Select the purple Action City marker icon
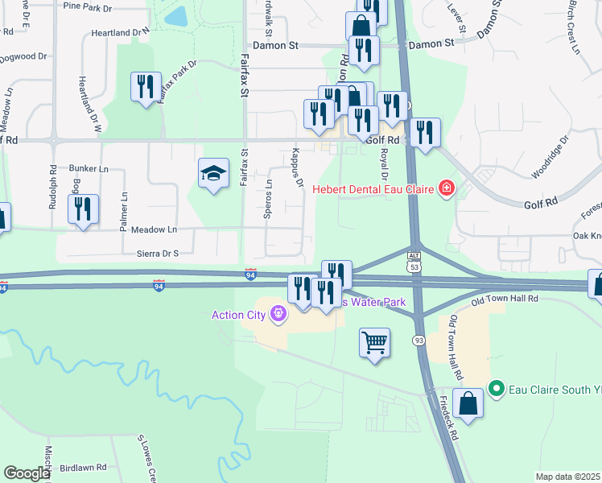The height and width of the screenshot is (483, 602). (279, 313)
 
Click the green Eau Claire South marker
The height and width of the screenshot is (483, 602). (496, 389)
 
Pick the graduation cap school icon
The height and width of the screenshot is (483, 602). (213, 173)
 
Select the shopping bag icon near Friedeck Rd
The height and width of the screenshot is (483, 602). (468, 403)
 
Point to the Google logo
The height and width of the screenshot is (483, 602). (27, 473)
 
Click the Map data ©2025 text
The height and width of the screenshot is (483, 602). (567, 477)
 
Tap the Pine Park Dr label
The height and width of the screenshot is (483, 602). (109, 7)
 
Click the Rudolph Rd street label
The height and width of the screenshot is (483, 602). (53, 188)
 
